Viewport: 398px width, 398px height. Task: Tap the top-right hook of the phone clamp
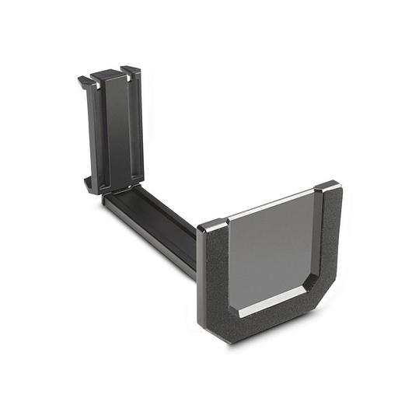[x=131, y=72]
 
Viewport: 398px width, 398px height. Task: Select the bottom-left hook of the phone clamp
[x=90, y=185]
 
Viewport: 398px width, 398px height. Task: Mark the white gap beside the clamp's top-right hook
[x=124, y=72]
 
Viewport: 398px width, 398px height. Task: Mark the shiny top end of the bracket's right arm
[x=327, y=187]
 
